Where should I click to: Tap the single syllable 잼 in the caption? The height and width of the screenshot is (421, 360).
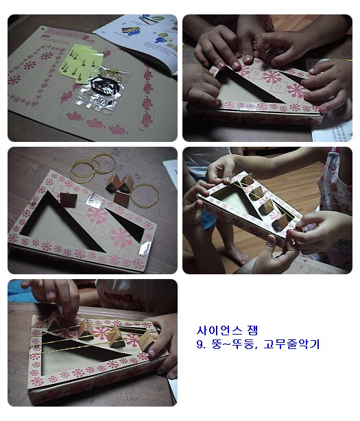coord(253,330)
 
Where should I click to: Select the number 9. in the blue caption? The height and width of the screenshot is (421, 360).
coord(201,344)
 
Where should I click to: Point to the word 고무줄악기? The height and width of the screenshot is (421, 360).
coord(291,344)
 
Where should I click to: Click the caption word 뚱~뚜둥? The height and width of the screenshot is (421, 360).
coord(235,344)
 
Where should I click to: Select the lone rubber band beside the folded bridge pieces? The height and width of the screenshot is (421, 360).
coord(145,196)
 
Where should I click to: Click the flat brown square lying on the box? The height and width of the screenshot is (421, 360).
coord(68,200)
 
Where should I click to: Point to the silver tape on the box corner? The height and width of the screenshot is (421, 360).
coord(145,248)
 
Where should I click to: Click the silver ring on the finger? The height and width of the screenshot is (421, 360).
coord(269,51)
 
